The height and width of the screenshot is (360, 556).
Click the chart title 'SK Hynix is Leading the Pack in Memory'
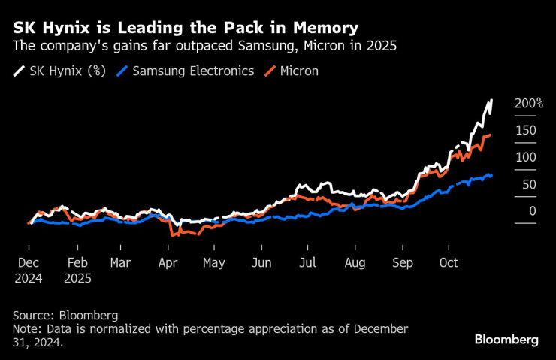[185, 29]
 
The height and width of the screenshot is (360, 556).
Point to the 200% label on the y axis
[528, 103]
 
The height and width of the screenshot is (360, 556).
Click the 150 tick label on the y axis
[525, 130]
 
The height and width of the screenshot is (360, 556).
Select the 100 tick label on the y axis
[525, 157]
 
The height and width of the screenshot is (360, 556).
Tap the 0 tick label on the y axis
[532, 211]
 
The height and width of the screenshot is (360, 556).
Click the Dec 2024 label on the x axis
[29, 270]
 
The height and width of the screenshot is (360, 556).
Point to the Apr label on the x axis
[168, 263]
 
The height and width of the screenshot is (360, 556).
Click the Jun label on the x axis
[261, 263]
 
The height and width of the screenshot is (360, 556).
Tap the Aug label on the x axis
[355, 263]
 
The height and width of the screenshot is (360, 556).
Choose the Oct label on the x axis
[449, 263]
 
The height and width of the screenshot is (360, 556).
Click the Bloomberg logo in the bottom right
[506, 340]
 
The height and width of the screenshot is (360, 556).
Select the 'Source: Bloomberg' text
[65, 315]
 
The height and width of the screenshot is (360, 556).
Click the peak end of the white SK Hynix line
[491, 100]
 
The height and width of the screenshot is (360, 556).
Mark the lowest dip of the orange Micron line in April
[173, 236]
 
